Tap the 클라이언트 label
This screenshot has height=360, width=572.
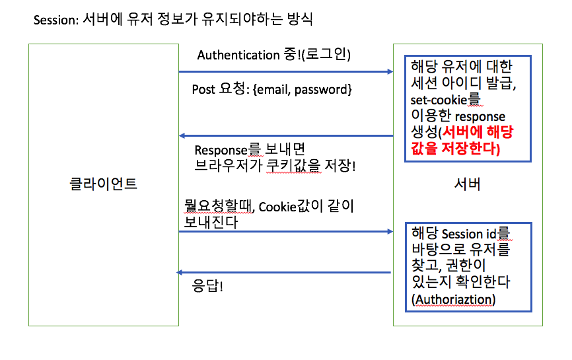[104, 184]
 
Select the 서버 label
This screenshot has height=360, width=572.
[468, 184]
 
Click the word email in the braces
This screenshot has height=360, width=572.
[272, 89]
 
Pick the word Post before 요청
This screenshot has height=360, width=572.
[203, 89]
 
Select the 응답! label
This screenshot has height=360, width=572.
[207, 288]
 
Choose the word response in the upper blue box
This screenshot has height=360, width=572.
[481, 116]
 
